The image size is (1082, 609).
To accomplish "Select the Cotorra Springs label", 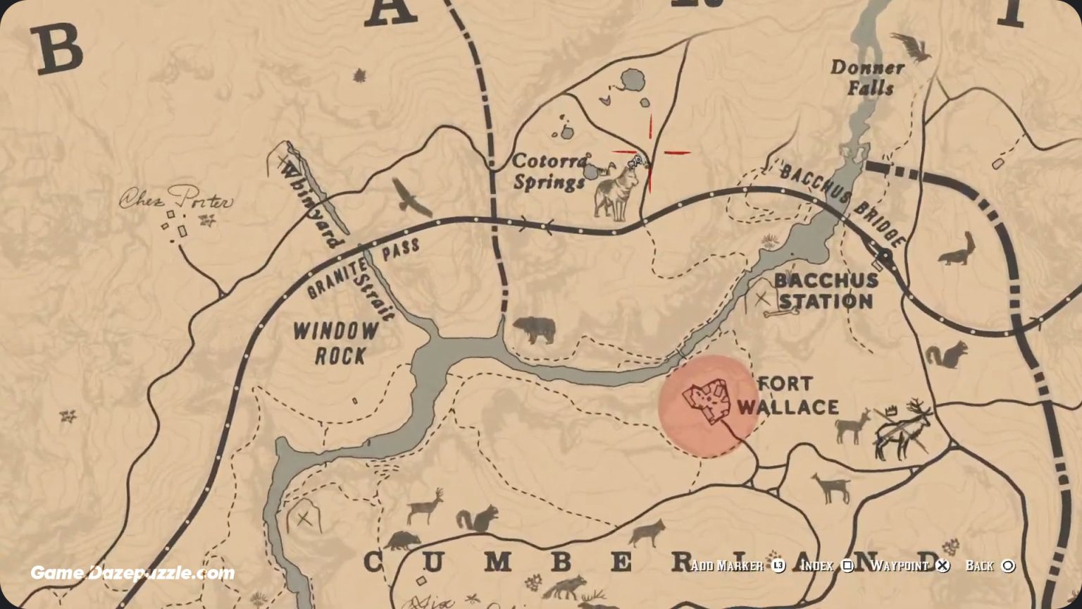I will [549, 171].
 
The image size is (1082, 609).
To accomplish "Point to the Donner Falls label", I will [867, 78].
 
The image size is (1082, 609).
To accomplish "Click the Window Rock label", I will [336, 343].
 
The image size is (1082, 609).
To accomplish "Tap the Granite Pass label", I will [362, 269].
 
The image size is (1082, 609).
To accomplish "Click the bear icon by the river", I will [534, 329].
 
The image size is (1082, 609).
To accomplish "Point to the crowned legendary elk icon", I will [902, 428].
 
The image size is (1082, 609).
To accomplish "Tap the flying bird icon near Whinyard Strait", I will [412, 197].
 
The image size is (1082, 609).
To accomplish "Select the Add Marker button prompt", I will [737, 566].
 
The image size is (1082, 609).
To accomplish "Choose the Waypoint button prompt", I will [909, 566].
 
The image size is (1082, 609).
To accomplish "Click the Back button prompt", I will [990, 566].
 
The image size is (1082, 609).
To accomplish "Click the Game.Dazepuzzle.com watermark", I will [132, 572].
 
